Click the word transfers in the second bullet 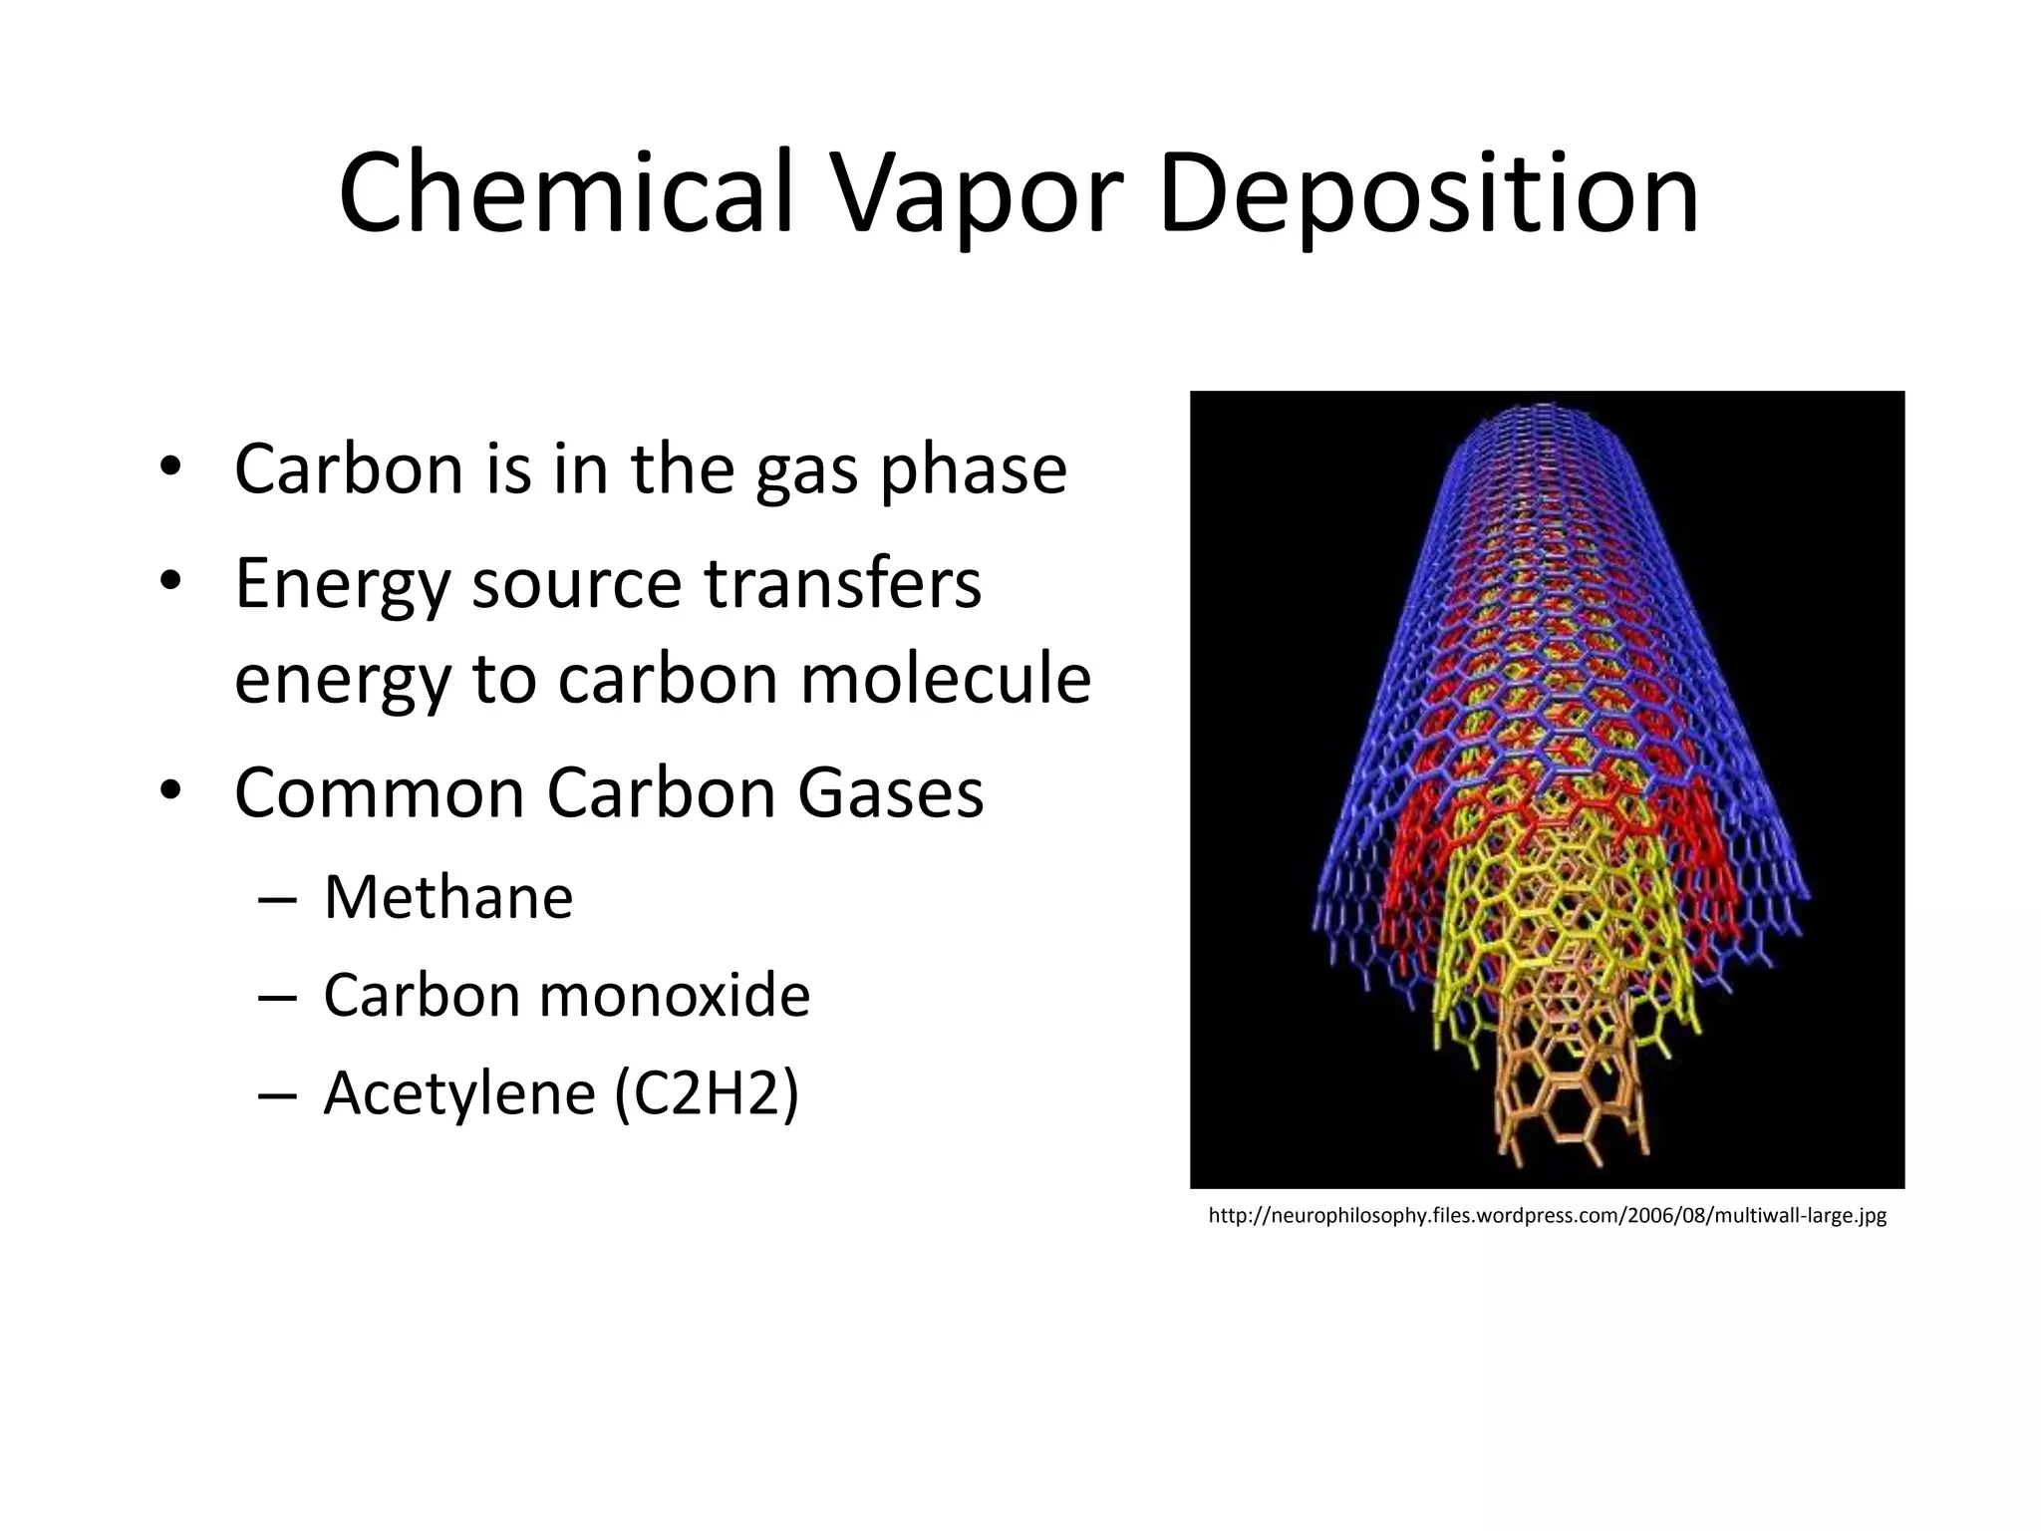tap(843, 583)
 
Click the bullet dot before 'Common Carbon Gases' tap(170, 789)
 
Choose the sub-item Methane tap(448, 896)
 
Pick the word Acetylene tap(459, 1093)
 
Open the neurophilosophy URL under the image tap(1547, 1216)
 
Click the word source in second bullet tap(576, 585)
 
